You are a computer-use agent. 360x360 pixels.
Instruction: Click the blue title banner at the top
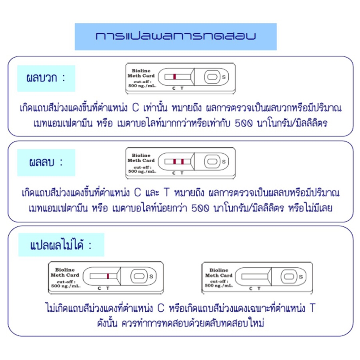[176, 36]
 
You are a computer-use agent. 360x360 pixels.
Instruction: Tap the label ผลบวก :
[46, 78]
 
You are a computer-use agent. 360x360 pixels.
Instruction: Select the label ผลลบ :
[46, 162]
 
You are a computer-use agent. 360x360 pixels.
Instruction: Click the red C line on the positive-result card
[174, 76]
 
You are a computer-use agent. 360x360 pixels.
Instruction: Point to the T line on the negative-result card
[182, 161]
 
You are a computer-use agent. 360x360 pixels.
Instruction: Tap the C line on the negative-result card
[174, 161]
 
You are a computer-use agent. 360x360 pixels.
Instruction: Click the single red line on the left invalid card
[108, 276]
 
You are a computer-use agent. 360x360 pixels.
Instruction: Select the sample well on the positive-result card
[213, 76]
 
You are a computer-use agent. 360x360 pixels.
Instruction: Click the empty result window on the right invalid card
[252, 276]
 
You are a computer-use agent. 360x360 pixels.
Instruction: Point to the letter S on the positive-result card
[224, 77]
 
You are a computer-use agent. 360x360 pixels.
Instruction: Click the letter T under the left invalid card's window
[107, 288]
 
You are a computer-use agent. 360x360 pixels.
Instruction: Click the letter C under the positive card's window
[174, 88]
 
